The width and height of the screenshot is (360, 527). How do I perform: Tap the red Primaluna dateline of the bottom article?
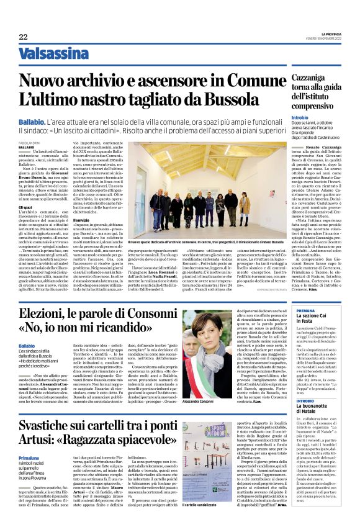30,457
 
